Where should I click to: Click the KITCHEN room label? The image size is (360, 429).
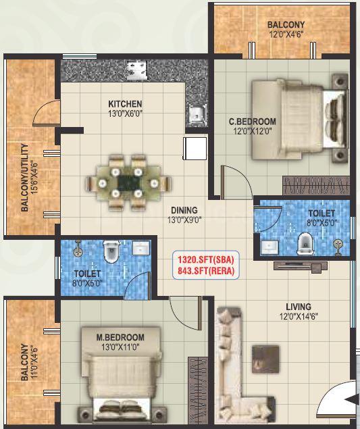coord(125,104)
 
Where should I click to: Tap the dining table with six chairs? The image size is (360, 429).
coord(128,183)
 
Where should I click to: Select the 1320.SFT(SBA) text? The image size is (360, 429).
coord(206,259)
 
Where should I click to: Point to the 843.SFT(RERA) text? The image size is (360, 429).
coord(206,271)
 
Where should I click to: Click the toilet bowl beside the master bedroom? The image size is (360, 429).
coord(111,252)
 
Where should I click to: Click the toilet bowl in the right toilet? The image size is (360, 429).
coord(305,244)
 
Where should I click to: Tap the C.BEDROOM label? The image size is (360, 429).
coord(252,121)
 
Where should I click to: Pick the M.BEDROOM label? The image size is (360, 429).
coord(120,337)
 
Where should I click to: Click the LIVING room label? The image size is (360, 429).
coord(299,307)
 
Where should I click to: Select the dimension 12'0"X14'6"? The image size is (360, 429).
coord(299,317)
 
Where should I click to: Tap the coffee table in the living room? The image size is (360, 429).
coord(265,359)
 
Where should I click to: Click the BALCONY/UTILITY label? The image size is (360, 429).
coord(24,178)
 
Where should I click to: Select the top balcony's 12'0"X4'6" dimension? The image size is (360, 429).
coord(286,34)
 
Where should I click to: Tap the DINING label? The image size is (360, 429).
coord(184,210)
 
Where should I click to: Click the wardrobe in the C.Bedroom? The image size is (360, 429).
coord(316,186)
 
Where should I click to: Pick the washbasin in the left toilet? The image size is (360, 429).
coord(141,248)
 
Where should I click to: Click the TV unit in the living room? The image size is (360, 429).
coord(301,266)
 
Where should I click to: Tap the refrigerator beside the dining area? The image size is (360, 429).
coord(195,148)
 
